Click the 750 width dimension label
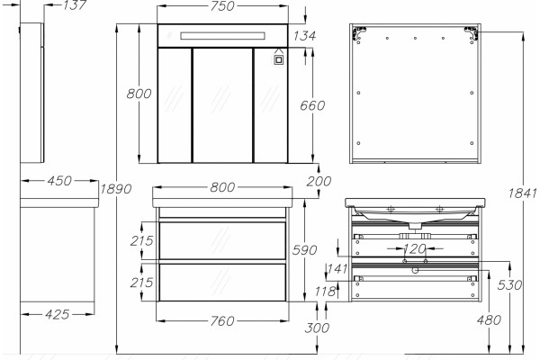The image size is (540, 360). [x=222, y=6]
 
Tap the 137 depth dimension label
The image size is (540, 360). [x=74, y=5]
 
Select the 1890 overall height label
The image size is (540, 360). [x=116, y=189]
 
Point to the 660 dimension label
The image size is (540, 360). [x=312, y=105]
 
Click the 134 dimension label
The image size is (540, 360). [x=305, y=35]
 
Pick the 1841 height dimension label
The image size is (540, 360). [x=522, y=193]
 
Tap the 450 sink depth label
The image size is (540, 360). [x=59, y=181]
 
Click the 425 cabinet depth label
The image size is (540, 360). [x=58, y=314]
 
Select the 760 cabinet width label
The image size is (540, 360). [x=222, y=321]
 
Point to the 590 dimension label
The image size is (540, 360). [x=304, y=250]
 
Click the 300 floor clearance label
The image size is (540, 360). [x=317, y=328]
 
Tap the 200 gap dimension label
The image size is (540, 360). [x=319, y=181]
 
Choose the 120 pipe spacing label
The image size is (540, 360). [x=414, y=248]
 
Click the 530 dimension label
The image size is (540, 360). [x=509, y=285]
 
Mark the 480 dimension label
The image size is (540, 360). [x=489, y=320]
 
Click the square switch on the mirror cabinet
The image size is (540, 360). [x=279, y=59]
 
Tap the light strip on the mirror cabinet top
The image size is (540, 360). [x=222, y=36]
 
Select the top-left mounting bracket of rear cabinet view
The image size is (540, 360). [x=358, y=32]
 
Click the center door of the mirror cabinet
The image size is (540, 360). [x=222, y=105]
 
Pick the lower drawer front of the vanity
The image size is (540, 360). [x=222, y=282]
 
